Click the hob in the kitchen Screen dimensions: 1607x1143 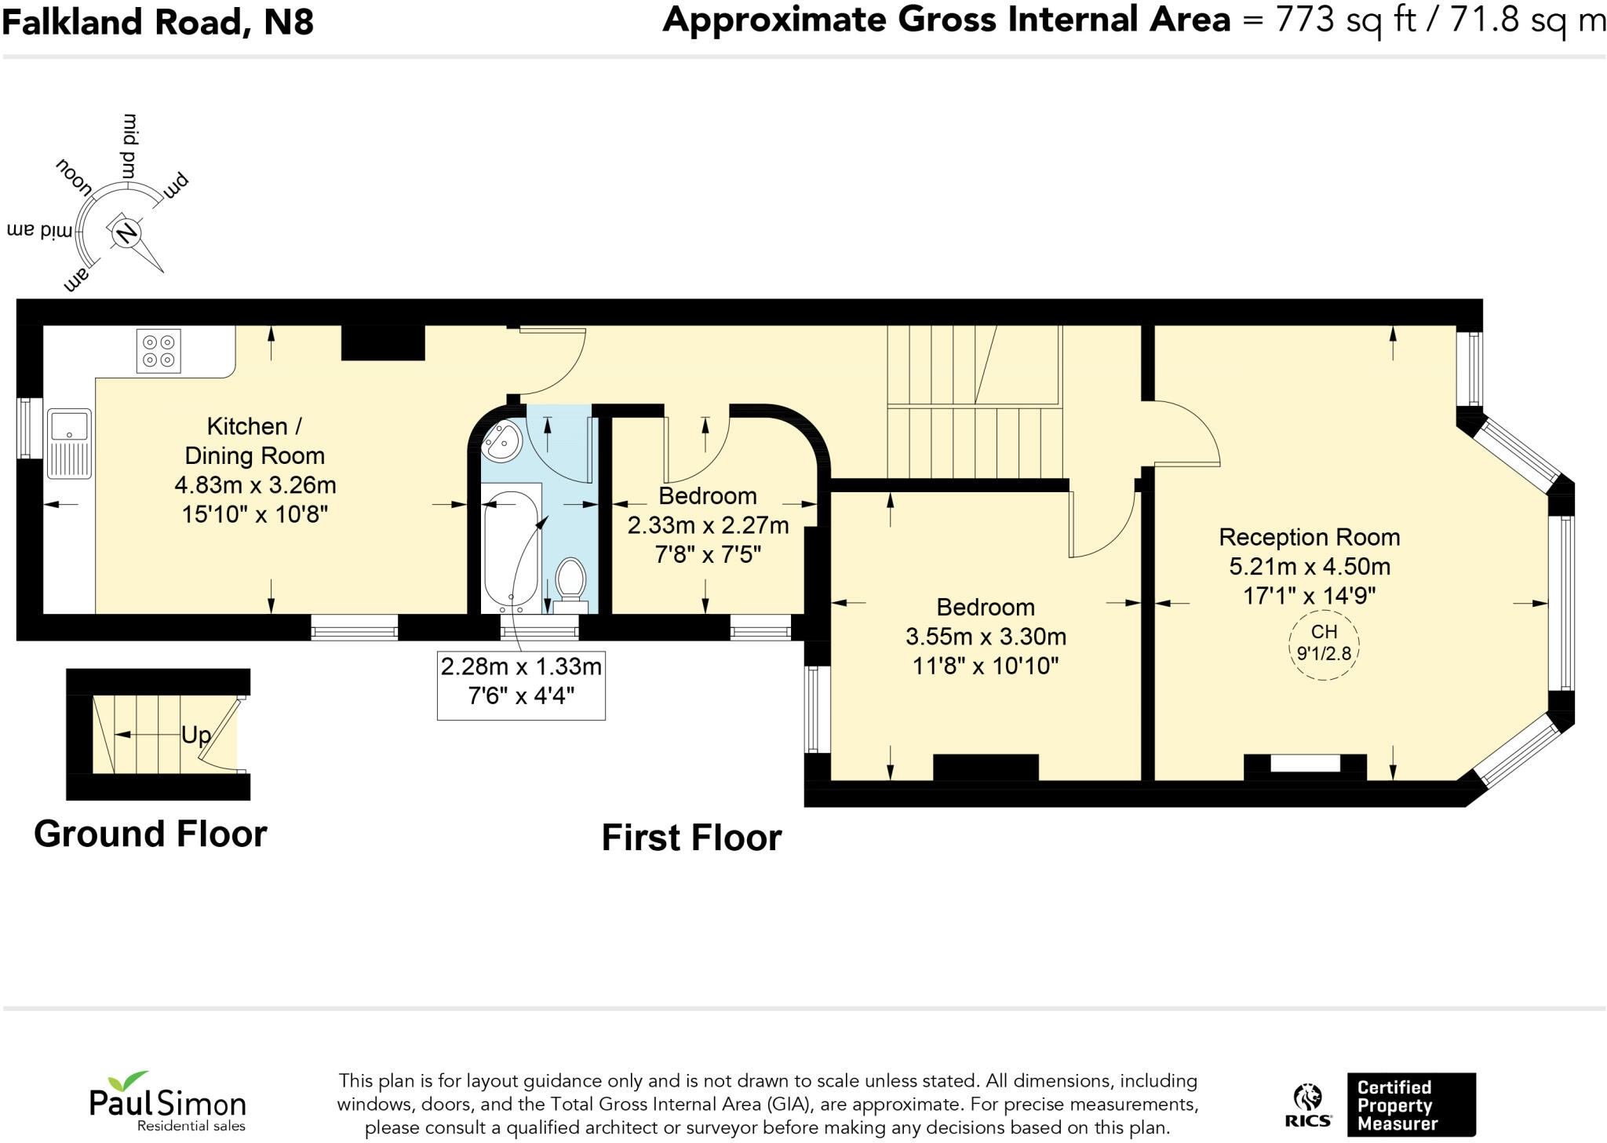pyautogui.click(x=159, y=350)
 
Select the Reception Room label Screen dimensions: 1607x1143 pyautogui.click(x=1309, y=537)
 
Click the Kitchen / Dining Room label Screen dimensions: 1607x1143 pyautogui.click(x=255, y=440)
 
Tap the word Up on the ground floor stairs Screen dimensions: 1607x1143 pyautogui.click(x=196, y=735)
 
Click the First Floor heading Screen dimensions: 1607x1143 pyautogui.click(x=691, y=838)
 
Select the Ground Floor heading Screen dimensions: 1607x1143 pyautogui.click(x=151, y=834)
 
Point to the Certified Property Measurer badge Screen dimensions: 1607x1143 pyautogui.click(x=1411, y=1105)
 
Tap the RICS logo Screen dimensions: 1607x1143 pyautogui.click(x=1307, y=1105)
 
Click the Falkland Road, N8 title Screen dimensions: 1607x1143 pyautogui.click(x=158, y=22)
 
